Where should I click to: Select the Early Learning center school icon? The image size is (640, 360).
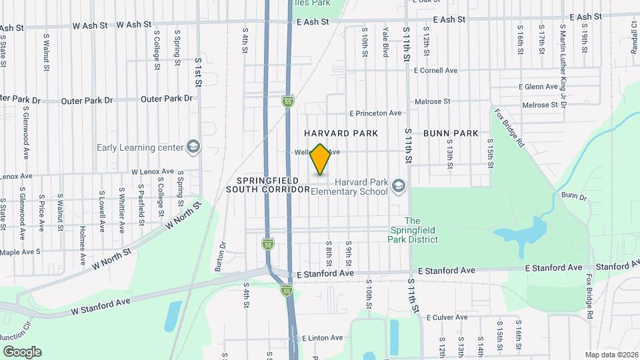193,147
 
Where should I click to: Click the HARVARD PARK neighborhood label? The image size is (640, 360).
341,133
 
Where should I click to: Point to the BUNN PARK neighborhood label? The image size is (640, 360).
450,133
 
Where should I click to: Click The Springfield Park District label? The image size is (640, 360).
413,230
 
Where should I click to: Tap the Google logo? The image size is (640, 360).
22,352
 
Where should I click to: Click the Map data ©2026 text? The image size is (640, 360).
611,355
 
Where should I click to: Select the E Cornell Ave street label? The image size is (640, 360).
436,70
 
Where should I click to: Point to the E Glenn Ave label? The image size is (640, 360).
538,87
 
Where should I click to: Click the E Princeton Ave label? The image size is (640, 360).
375,113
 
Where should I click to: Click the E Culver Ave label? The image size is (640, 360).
449,317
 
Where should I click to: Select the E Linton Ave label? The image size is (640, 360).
322,339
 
